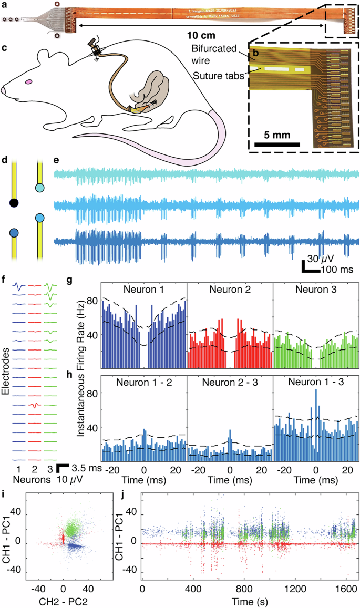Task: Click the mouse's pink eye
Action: point(29,81)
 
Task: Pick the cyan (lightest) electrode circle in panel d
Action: point(39,188)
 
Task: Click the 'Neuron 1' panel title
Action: point(143,290)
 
